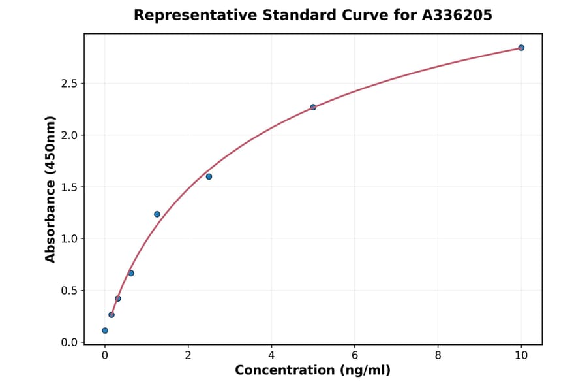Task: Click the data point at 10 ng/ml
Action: (521, 48)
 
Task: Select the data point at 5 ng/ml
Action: (313, 107)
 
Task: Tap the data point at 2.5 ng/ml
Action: (209, 176)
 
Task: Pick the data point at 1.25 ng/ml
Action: (157, 214)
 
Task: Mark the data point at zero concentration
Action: (105, 331)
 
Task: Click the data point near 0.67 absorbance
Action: (131, 273)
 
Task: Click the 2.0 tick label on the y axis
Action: (69, 135)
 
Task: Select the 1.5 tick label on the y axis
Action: (69, 187)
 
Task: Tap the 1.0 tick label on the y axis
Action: (69, 239)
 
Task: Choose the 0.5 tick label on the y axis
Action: (69, 291)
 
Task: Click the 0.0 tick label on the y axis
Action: (69, 342)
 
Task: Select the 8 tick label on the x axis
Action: (438, 355)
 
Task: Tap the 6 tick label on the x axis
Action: (355, 355)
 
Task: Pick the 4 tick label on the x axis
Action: (271, 355)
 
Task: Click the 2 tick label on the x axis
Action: (188, 355)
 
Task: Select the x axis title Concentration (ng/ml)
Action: (313, 371)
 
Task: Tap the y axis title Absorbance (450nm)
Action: (51, 189)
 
